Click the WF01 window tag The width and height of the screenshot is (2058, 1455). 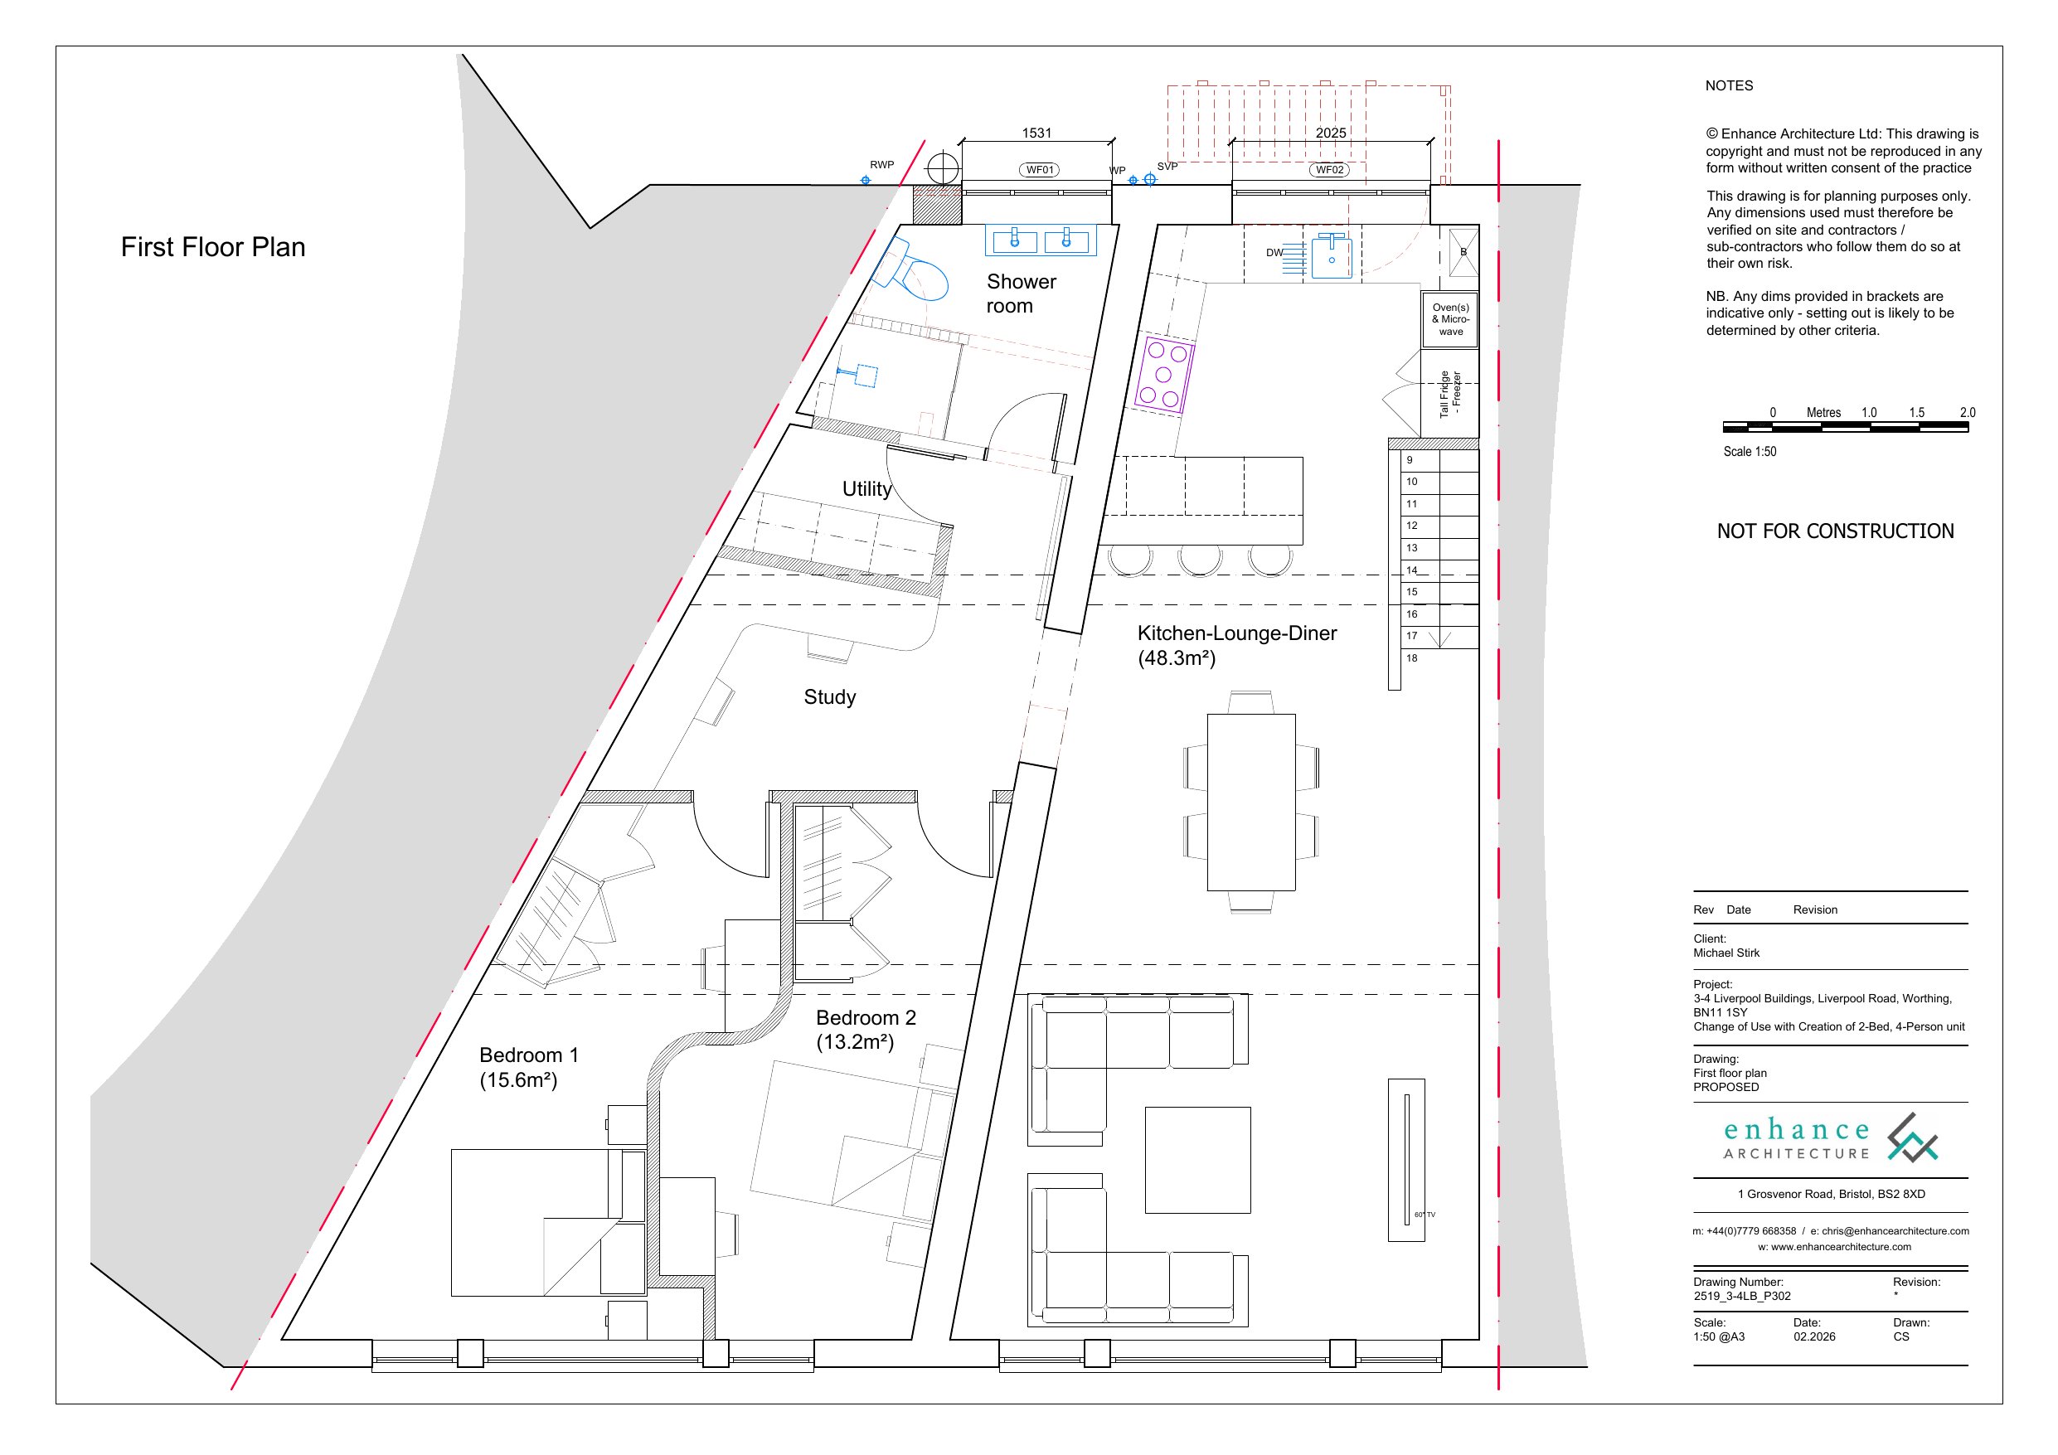click(x=1039, y=169)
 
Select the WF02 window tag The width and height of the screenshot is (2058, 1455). click(x=1329, y=169)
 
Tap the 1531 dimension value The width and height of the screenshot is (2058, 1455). click(x=1036, y=133)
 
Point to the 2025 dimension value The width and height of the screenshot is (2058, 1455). click(x=1330, y=133)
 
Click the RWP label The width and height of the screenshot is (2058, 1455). click(x=882, y=165)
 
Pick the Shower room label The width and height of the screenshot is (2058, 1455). click(x=1021, y=293)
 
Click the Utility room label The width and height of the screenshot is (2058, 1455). click(x=866, y=488)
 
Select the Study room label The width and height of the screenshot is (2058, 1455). click(x=829, y=696)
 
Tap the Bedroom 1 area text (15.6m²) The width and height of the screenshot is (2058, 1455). click(x=518, y=1080)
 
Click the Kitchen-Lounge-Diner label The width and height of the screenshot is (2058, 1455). click(x=1237, y=633)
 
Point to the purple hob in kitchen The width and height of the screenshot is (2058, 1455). click(x=1163, y=374)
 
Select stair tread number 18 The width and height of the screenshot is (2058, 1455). click(x=1412, y=658)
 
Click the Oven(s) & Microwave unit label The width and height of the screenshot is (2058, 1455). click(x=1450, y=319)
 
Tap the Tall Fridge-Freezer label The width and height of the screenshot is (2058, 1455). click(x=1450, y=394)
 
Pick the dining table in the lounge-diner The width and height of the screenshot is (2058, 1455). click(x=1250, y=803)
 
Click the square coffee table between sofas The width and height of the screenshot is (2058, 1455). click(x=1197, y=1160)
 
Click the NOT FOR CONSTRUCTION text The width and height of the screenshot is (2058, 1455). click(x=1835, y=531)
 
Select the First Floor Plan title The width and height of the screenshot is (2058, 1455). click(x=213, y=246)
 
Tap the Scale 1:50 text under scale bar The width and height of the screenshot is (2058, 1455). click(x=1750, y=452)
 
